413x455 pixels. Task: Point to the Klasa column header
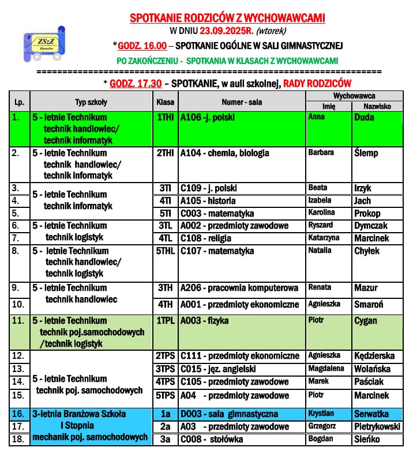166,102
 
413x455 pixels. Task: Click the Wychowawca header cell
354,96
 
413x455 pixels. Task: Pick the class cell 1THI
166,117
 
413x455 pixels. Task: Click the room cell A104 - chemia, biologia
225,153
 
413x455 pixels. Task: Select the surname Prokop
367,213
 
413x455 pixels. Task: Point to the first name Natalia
320,251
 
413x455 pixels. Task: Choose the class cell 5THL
166,251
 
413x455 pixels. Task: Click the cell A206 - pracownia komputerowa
239,288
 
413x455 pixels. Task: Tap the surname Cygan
365,321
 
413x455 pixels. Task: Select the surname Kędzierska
376,356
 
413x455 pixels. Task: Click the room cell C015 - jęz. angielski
218,369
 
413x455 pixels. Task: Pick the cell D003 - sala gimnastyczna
229,414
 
